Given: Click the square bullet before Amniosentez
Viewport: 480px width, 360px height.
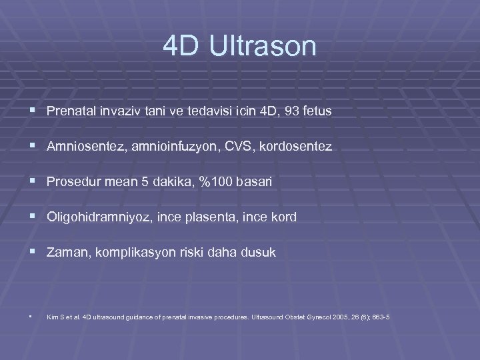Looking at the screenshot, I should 33,146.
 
